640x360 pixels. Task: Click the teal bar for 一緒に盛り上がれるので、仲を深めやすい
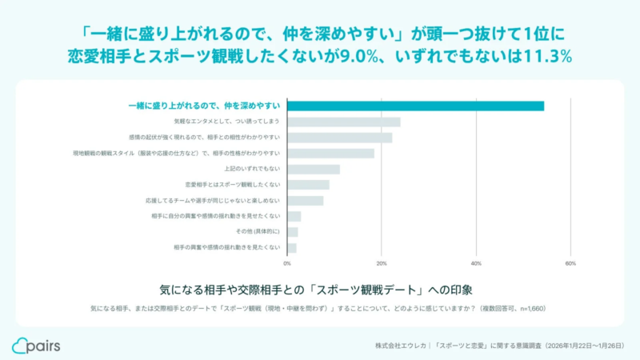(415, 106)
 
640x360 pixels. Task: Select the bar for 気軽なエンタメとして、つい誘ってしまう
(343, 122)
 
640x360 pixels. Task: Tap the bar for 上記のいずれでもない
(313, 169)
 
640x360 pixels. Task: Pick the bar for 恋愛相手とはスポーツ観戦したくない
(308, 185)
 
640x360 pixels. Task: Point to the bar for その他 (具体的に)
(292, 232)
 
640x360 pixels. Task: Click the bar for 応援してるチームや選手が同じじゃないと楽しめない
(305, 200)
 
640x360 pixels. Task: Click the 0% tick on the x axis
(287, 263)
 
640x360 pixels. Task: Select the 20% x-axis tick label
(382, 263)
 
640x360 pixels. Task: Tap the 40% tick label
(476, 263)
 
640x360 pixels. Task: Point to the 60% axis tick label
(570, 263)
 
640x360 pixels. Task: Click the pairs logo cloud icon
(20, 346)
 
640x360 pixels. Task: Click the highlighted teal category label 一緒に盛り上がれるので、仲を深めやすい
(204, 106)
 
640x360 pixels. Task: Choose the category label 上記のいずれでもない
(252, 169)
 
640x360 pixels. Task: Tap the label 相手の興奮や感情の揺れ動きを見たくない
(226, 247)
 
